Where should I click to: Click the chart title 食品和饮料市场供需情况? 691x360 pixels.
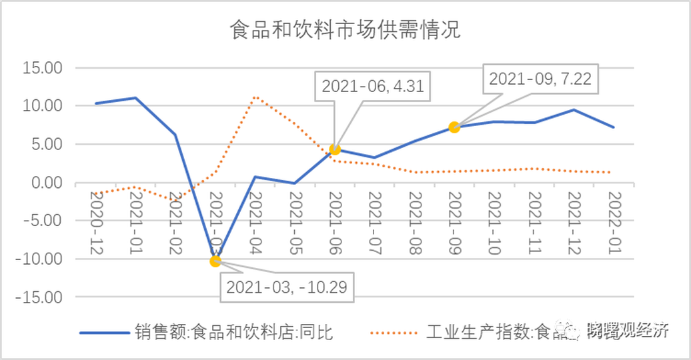click(x=345, y=30)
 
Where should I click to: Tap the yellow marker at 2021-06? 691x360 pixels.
click(x=335, y=149)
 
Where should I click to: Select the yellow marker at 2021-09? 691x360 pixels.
click(x=454, y=127)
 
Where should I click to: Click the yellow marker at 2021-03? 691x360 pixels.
click(x=215, y=261)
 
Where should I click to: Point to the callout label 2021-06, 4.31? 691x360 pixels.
click(x=373, y=86)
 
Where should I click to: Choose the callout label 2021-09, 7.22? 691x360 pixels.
click(x=540, y=79)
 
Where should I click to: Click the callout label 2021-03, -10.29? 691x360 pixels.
click(x=287, y=288)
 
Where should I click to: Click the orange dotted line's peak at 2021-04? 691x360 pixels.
click(x=255, y=97)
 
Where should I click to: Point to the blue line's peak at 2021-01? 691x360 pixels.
click(x=136, y=98)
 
